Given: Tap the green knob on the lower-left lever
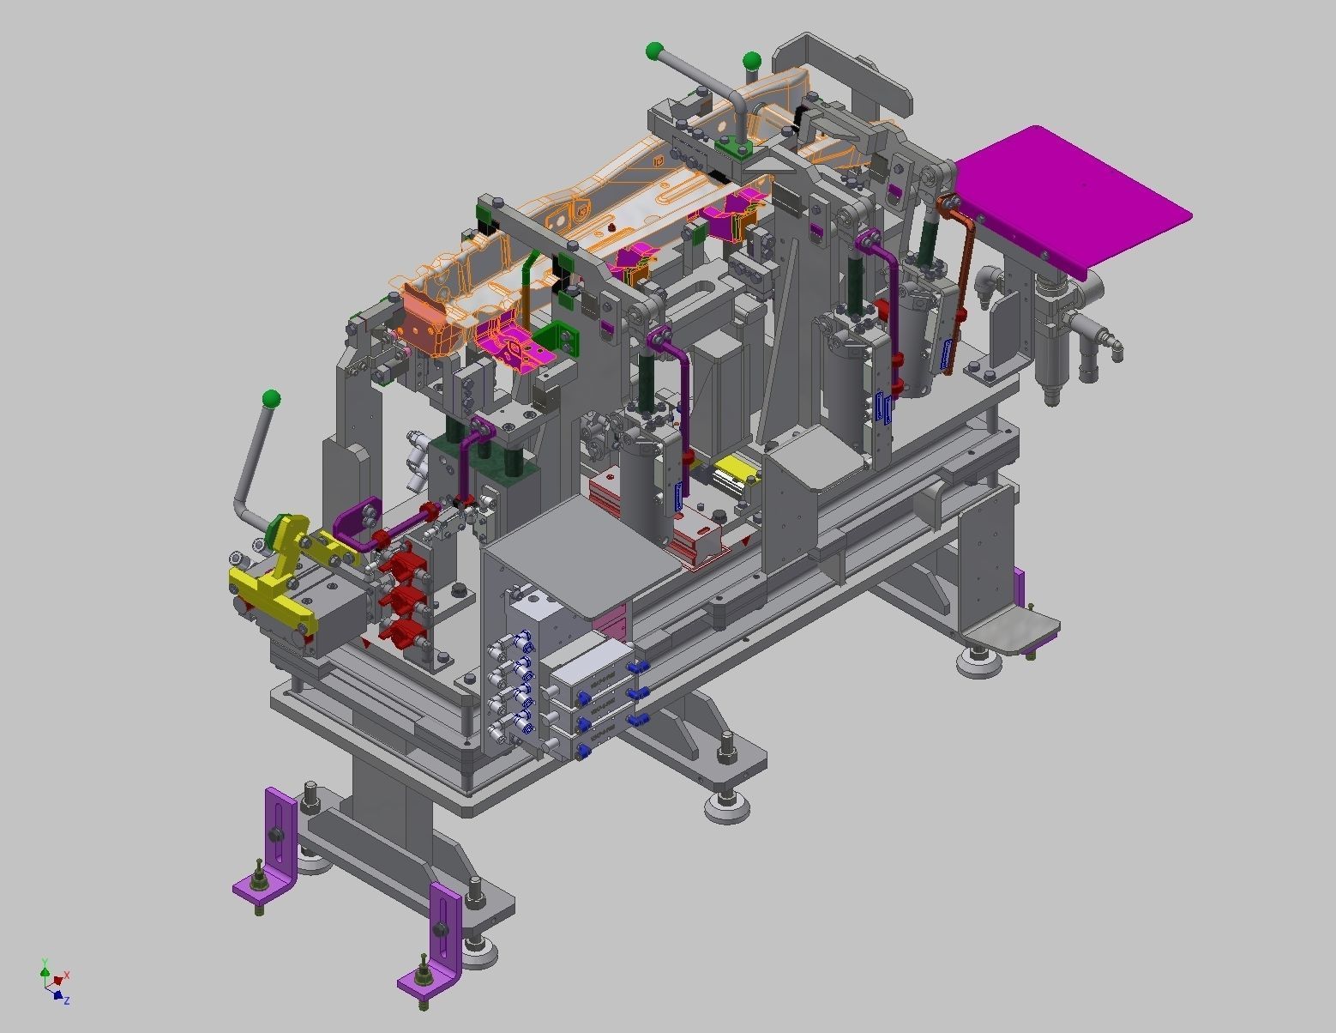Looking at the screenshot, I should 271,399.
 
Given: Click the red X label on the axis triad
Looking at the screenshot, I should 66,976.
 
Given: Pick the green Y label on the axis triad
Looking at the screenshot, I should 43,963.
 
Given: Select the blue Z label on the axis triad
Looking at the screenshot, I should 66,1000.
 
